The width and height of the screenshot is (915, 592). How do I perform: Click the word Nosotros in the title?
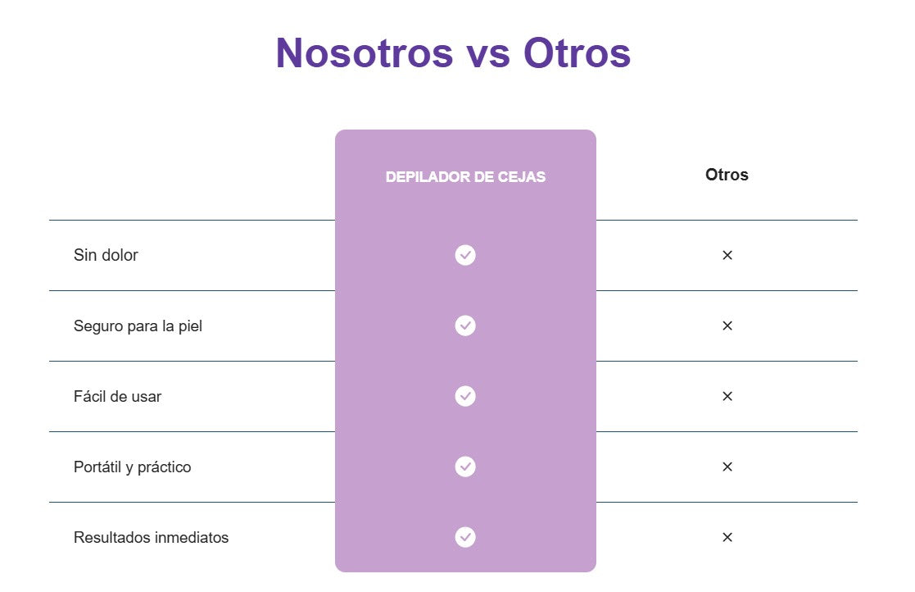365,53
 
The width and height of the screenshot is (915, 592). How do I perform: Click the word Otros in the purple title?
578,53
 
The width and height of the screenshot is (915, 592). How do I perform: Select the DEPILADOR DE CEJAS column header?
465,177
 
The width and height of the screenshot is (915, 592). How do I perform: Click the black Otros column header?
727,175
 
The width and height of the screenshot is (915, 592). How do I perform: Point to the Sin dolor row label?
106,255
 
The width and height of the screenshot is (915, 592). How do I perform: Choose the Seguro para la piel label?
138,326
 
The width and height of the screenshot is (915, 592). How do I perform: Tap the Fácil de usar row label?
117,396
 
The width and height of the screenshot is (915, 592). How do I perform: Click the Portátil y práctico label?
133,467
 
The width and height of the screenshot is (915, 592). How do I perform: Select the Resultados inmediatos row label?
152,537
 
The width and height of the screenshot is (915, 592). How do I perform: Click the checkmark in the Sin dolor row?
465,255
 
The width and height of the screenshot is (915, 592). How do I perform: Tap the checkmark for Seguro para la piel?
465,326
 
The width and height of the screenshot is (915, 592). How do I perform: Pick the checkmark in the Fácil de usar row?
465,396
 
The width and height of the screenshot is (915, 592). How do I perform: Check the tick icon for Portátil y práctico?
465,467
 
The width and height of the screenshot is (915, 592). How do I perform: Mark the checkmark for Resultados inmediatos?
465,537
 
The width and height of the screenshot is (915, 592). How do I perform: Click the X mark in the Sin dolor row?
727,255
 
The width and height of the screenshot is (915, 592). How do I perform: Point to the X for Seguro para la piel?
727,326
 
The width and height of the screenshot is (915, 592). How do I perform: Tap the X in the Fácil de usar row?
727,396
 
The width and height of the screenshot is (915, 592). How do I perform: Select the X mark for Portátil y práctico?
727,467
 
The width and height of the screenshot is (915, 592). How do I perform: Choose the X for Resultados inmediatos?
727,537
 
